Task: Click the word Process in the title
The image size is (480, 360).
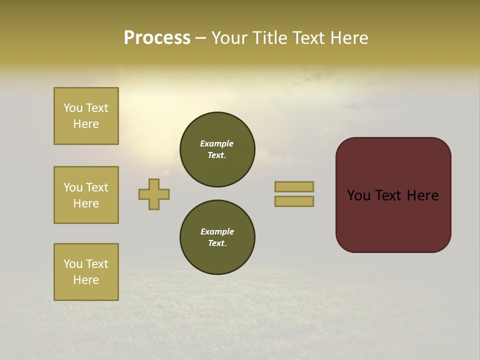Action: coord(157,38)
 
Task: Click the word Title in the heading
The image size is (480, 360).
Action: coord(268,38)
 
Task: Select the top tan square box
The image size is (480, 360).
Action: coord(86,116)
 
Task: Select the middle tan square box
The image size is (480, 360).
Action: coord(86,195)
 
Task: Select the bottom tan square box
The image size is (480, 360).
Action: coord(86,272)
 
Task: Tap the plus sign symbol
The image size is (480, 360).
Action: coord(154,194)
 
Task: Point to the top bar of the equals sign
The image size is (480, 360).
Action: coord(294,186)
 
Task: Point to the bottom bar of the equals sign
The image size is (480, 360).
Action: coord(294,201)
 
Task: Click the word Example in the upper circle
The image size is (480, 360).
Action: coord(217,143)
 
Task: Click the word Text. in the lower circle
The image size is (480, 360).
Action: coord(217,243)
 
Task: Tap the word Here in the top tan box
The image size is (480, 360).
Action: coord(86,124)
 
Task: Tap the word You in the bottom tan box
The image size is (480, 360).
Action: coord(73,264)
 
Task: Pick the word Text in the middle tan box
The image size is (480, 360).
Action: coord(96,187)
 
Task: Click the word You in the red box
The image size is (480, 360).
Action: coord(359,195)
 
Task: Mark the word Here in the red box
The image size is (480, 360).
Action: coord(422,195)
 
